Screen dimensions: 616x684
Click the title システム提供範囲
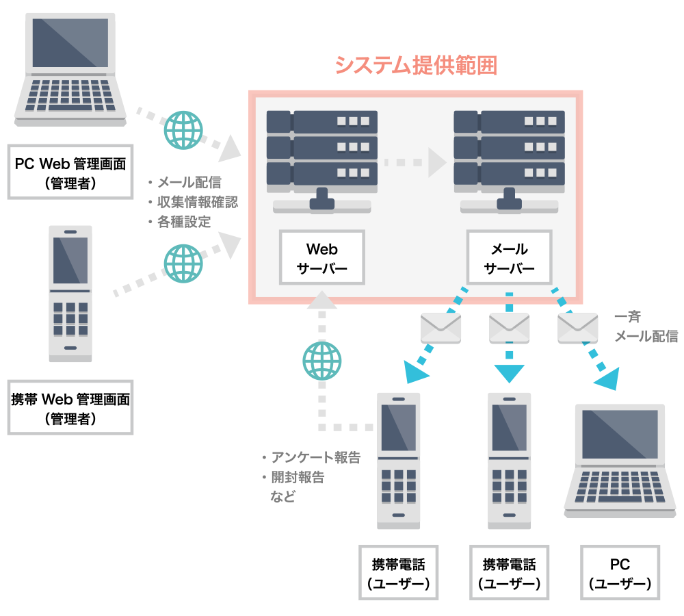click(415, 66)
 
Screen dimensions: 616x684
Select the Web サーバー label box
click(321, 257)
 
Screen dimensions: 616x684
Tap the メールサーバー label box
click(509, 257)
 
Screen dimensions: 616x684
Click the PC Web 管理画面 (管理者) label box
click(70, 172)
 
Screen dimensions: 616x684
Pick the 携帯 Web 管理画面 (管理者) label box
click(70, 407)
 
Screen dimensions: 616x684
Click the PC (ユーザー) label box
click(620, 574)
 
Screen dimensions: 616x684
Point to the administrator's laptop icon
click(70, 69)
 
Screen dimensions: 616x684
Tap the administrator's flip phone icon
click(70, 294)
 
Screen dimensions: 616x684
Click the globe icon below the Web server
click(321, 361)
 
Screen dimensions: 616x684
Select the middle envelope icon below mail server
click(509, 328)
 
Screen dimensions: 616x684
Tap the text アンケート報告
click(315, 458)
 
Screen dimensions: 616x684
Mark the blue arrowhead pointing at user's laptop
click(607, 377)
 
